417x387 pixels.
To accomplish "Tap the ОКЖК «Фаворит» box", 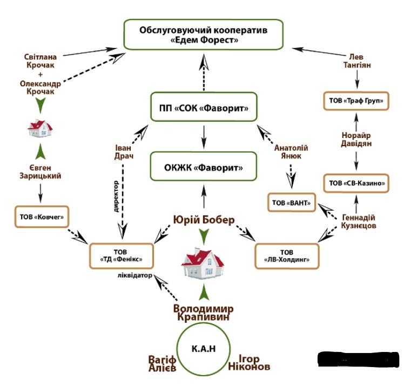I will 204,168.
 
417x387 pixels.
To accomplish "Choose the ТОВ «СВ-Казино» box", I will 356,183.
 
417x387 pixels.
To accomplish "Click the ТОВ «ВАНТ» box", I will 291,203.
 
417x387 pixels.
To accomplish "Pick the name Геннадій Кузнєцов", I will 358,221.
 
